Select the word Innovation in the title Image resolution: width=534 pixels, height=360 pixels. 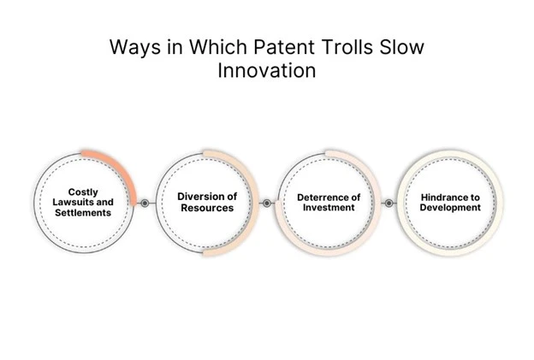[267, 70]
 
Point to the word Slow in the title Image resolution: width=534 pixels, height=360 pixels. [402, 47]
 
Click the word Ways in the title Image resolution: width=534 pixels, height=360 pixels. [135, 48]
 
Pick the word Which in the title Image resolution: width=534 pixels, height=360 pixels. [218, 47]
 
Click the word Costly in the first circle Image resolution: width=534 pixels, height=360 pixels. [83, 192]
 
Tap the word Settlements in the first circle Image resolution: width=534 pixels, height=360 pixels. [83, 213]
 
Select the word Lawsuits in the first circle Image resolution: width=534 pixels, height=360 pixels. [73, 202]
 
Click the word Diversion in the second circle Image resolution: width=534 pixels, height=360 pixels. [199, 197]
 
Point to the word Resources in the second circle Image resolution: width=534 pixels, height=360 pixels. [207, 208]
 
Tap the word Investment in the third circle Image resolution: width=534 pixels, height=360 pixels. [329, 208]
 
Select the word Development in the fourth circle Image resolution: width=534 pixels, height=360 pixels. [450, 208]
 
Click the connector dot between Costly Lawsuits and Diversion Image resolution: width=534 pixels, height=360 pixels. [145, 204]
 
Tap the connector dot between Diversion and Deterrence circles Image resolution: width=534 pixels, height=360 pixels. [267, 204]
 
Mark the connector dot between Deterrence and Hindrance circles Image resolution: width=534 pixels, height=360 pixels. [389, 204]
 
